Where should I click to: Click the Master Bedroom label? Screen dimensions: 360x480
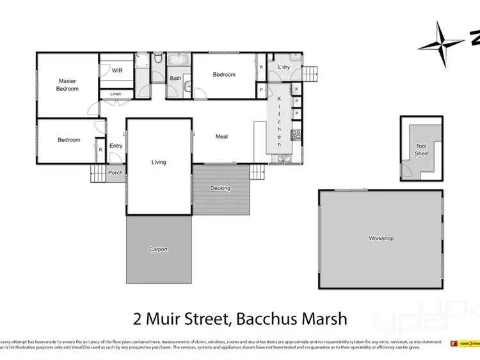pyautogui.click(x=67, y=84)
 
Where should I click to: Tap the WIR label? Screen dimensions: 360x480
pyautogui.click(x=117, y=71)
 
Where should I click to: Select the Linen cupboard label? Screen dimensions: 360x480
pyautogui.click(x=115, y=94)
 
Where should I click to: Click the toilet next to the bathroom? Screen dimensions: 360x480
pyautogui.click(x=157, y=61)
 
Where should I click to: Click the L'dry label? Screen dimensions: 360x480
pyautogui.click(x=284, y=67)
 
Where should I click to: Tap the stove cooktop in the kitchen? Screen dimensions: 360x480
pyautogui.click(x=296, y=135)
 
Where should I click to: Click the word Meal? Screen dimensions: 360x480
pyautogui.click(x=221, y=136)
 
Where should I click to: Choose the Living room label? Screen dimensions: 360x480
pyautogui.click(x=159, y=162)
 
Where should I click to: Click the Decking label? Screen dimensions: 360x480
pyautogui.click(x=220, y=188)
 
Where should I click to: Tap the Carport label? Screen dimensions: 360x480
pyautogui.click(x=158, y=249)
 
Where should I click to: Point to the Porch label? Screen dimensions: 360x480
pyautogui.click(x=115, y=173)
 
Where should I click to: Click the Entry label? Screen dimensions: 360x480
pyautogui.click(x=116, y=146)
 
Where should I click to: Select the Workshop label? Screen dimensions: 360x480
pyautogui.click(x=381, y=239)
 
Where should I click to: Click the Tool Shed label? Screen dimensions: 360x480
pyautogui.click(x=421, y=150)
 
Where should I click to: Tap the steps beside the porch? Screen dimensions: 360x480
pyautogui.click(x=97, y=173)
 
